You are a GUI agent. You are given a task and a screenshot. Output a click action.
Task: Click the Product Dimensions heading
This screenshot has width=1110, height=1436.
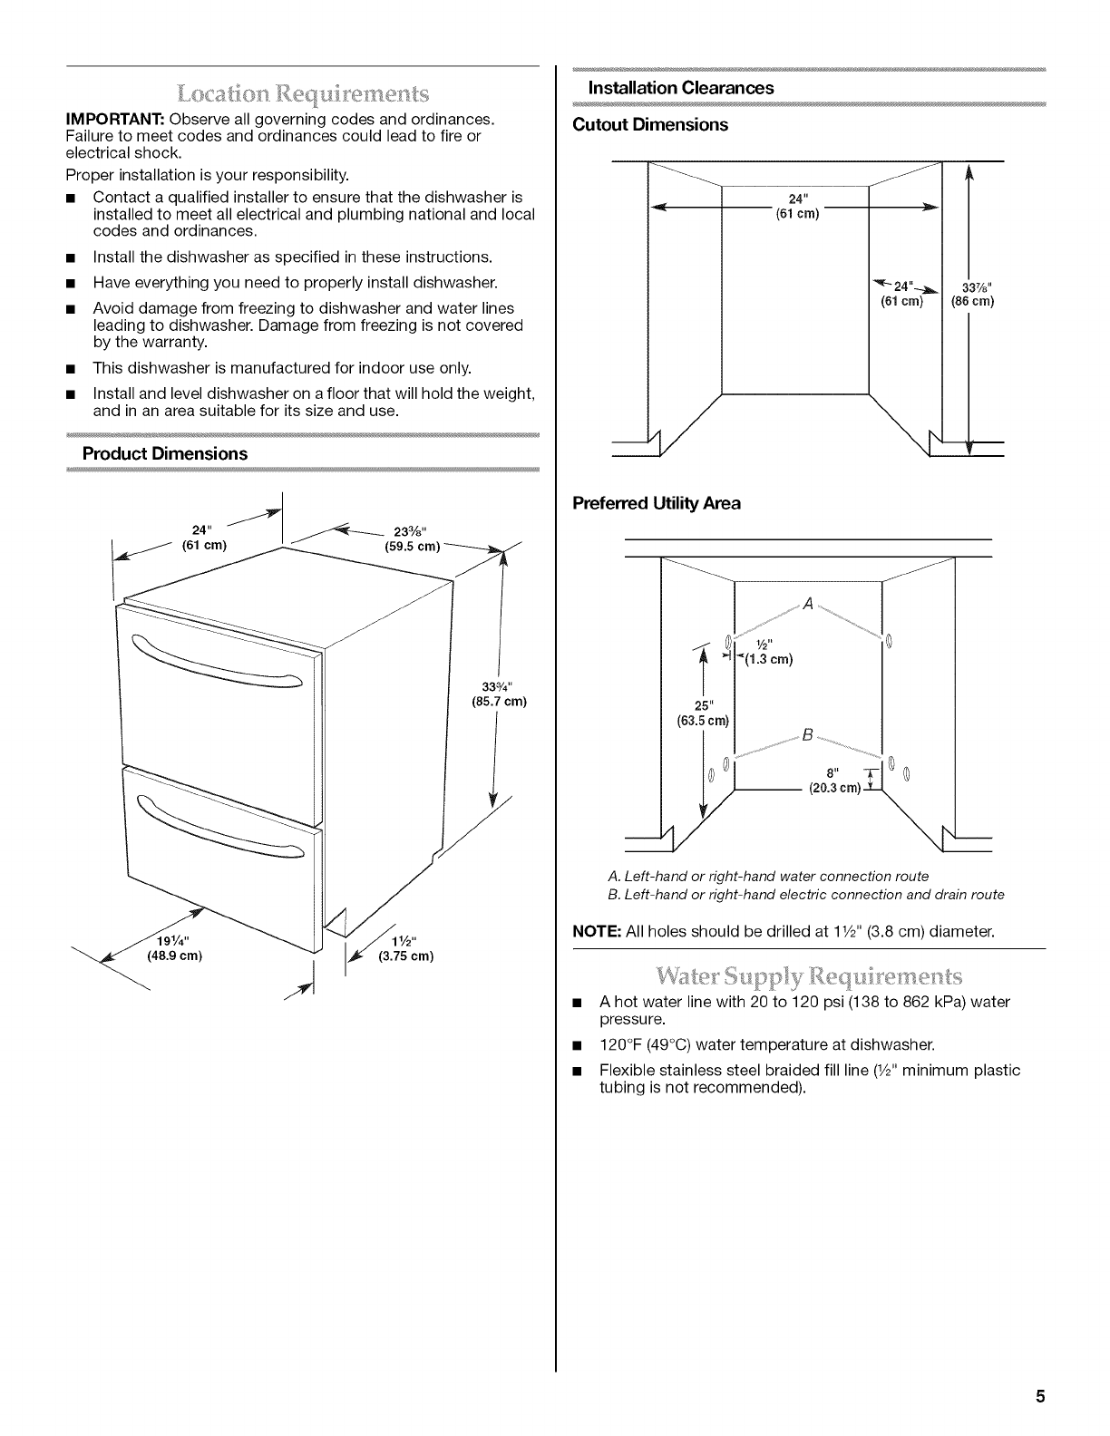[165, 453]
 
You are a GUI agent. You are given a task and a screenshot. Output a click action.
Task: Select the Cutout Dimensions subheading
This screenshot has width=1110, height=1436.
[650, 124]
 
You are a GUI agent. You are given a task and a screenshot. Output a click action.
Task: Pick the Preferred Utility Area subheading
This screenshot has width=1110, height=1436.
[657, 503]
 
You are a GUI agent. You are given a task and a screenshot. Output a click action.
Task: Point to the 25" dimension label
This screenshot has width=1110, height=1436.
[702, 706]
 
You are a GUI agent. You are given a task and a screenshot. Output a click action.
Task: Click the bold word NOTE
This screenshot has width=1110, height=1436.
[595, 931]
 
